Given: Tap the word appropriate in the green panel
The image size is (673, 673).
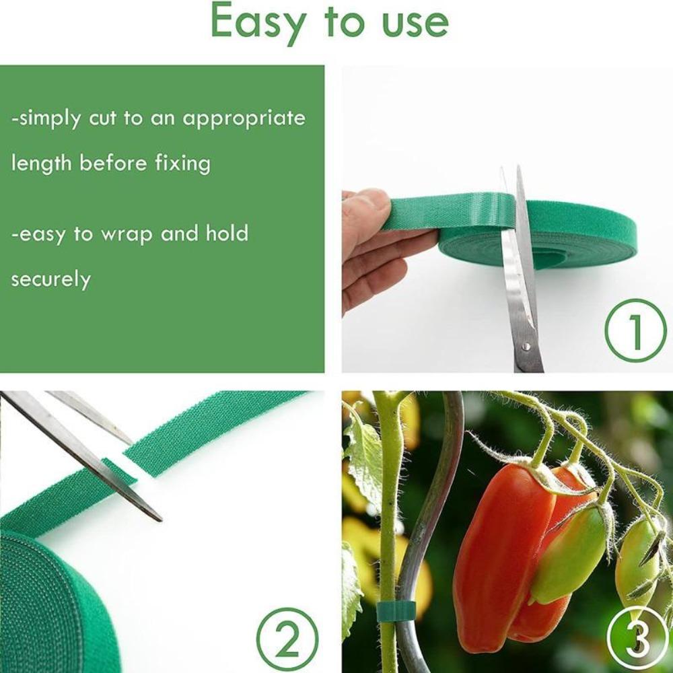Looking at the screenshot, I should [244, 118].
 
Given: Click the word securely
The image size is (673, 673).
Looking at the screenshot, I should [50, 279].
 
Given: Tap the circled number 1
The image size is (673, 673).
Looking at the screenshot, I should [635, 330].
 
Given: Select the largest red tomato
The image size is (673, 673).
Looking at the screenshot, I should [495, 552].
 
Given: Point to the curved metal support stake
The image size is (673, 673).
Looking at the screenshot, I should [431, 511].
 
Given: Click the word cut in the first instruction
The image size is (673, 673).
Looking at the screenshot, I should [104, 118].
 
